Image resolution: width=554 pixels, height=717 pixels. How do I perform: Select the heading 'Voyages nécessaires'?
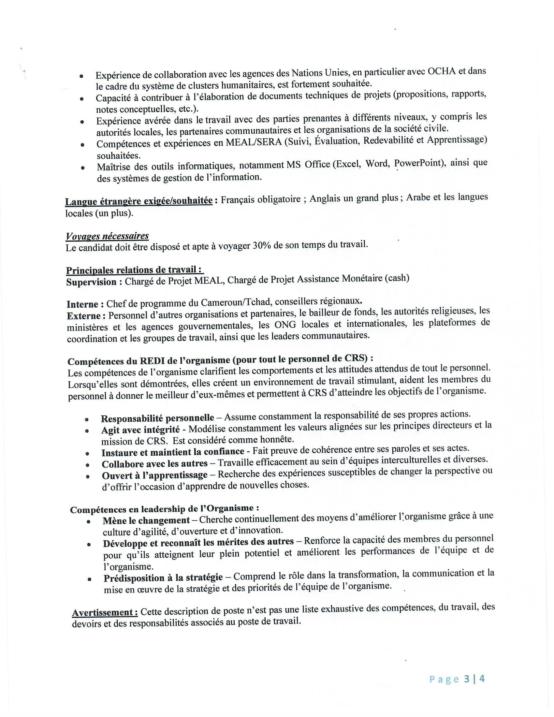[107, 236]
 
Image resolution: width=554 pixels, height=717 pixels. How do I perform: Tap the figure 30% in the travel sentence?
[261, 246]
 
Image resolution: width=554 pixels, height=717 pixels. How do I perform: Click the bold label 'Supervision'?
[91, 282]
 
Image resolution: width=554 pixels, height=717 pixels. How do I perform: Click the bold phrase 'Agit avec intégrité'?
[140, 430]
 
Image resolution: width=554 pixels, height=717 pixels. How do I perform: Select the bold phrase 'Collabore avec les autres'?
[154, 464]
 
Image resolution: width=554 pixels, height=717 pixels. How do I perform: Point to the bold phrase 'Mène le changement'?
[146, 520]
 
